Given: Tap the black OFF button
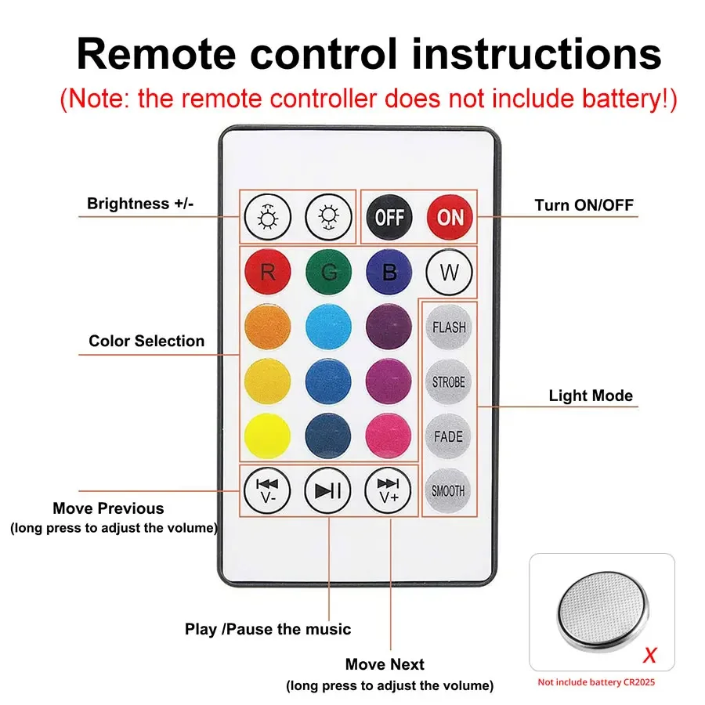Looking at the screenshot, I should click(389, 216).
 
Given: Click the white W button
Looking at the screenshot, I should click(449, 273).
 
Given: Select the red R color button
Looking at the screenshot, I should click(268, 273).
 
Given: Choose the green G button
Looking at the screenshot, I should click(328, 273).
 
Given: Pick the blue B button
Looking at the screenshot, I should click(389, 273).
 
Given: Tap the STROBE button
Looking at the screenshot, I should click(449, 382).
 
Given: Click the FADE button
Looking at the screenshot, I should click(449, 436).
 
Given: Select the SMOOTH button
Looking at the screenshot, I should click(449, 491).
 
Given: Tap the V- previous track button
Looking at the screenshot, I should click(268, 490).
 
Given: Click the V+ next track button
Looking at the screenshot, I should click(389, 490).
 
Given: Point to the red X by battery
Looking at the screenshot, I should click(649, 655).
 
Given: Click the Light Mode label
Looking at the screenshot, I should click(590, 396).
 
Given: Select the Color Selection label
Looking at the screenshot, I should click(146, 341).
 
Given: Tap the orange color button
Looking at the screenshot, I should click(268, 327).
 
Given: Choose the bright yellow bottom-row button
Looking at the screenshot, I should click(268, 436).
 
